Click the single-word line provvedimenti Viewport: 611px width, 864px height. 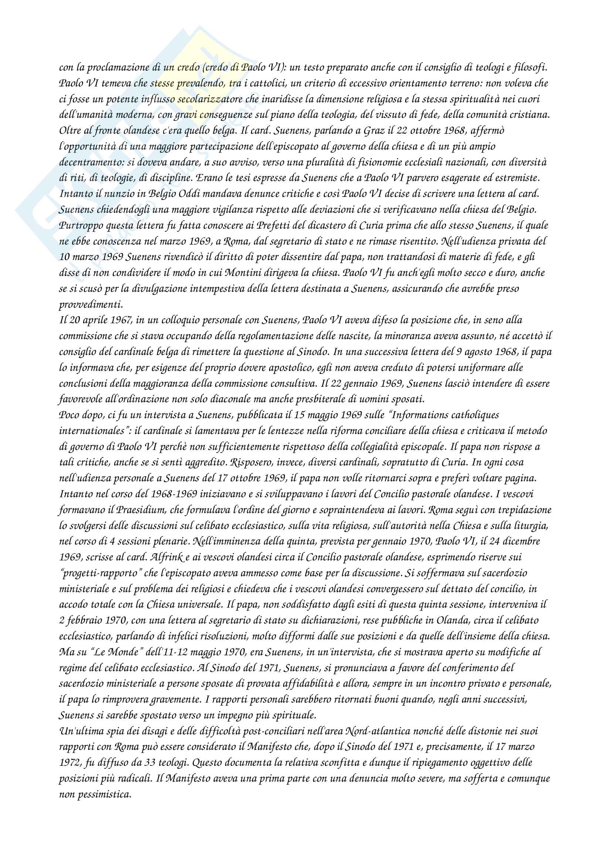(91, 304)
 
